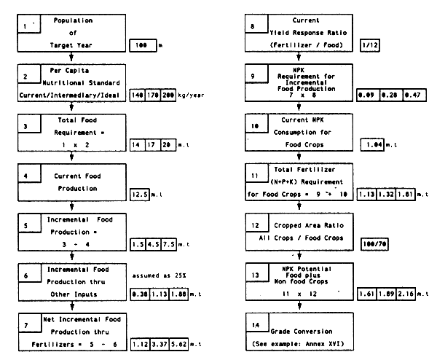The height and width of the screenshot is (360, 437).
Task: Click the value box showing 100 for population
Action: [x=142, y=46]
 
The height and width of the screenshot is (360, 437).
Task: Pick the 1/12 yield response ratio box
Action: [x=367, y=46]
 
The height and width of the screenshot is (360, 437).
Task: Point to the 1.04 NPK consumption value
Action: [x=374, y=145]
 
